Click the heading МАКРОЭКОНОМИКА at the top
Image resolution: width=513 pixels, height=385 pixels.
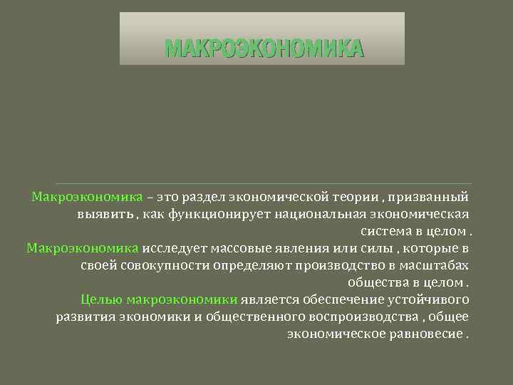(264, 48)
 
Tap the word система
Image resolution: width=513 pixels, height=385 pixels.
(385, 231)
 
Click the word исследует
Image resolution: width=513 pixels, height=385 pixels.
(173, 248)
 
